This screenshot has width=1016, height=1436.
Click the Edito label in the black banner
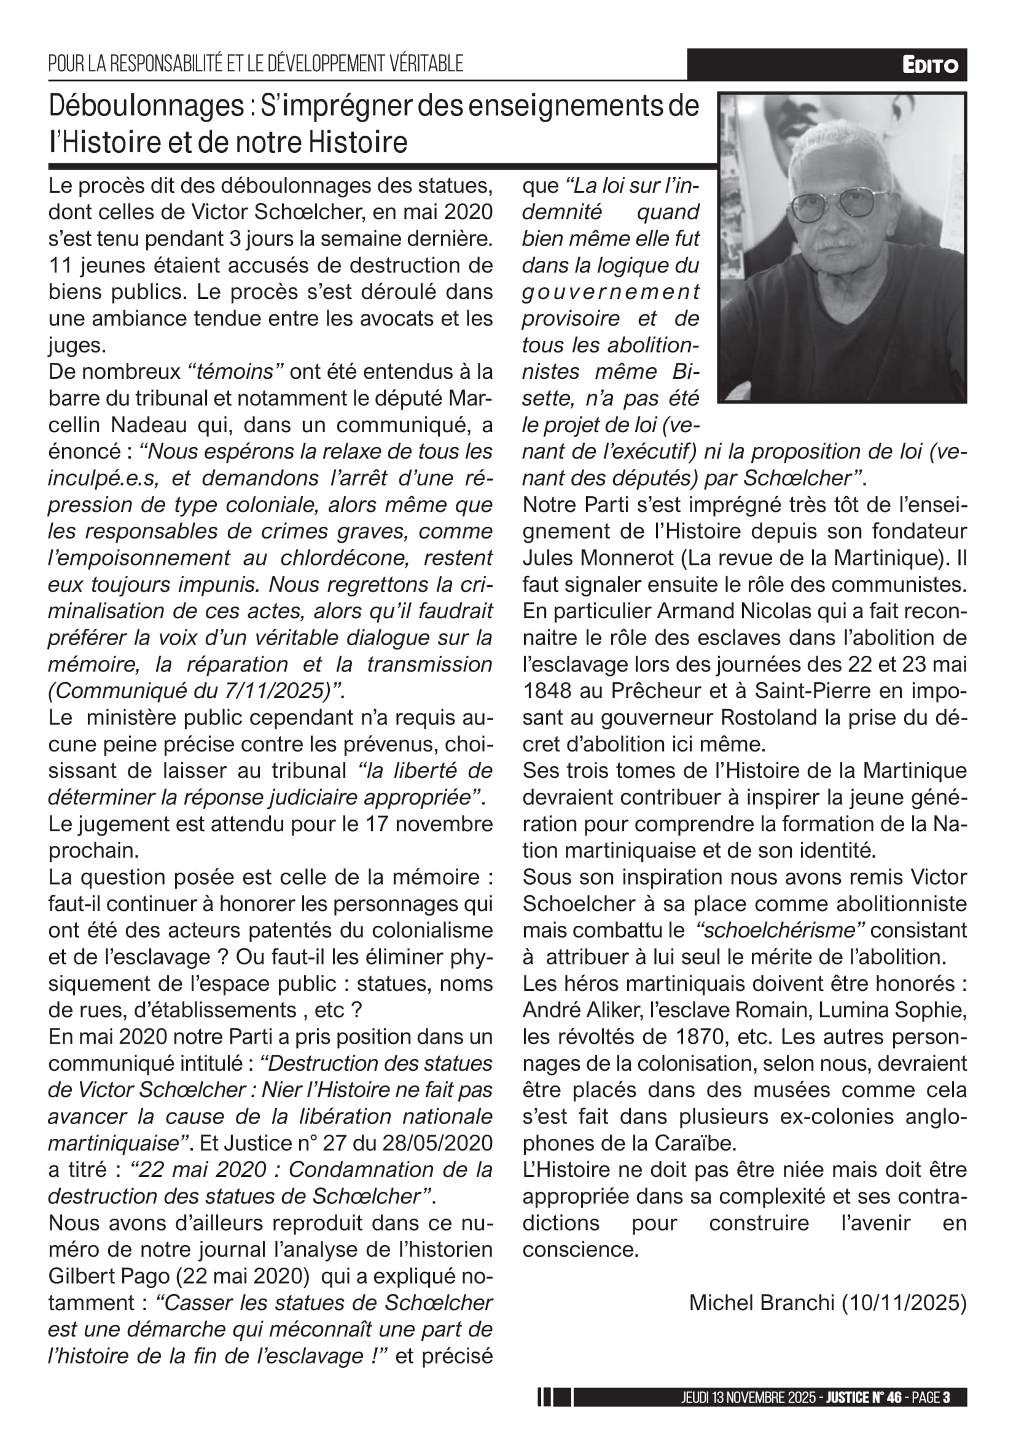929,65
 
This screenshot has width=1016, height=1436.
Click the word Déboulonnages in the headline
146,106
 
